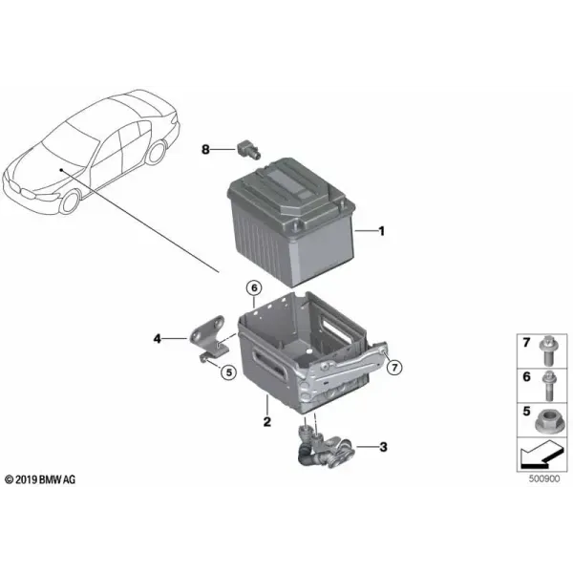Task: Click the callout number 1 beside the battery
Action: [x=381, y=231]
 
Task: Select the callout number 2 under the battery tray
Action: [x=267, y=422]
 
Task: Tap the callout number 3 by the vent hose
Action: [x=383, y=447]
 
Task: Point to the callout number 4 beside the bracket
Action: [x=158, y=339]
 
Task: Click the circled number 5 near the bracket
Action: [x=229, y=372]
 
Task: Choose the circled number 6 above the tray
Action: [x=254, y=288]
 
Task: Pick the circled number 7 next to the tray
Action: [x=394, y=368]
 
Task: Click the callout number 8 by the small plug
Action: [x=205, y=149]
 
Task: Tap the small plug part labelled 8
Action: [x=249, y=149]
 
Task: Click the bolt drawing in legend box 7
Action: [x=548, y=350]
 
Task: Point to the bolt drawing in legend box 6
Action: [x=548, y=386]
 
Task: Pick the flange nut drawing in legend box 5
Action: [x=547, y=421]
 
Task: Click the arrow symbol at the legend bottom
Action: [x=540, y=456]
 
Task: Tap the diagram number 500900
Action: [x=544, y=478]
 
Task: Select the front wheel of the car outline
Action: [x=70, y=202]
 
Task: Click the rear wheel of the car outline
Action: [x=158, y=153]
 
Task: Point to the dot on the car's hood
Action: [x=61, y=170]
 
